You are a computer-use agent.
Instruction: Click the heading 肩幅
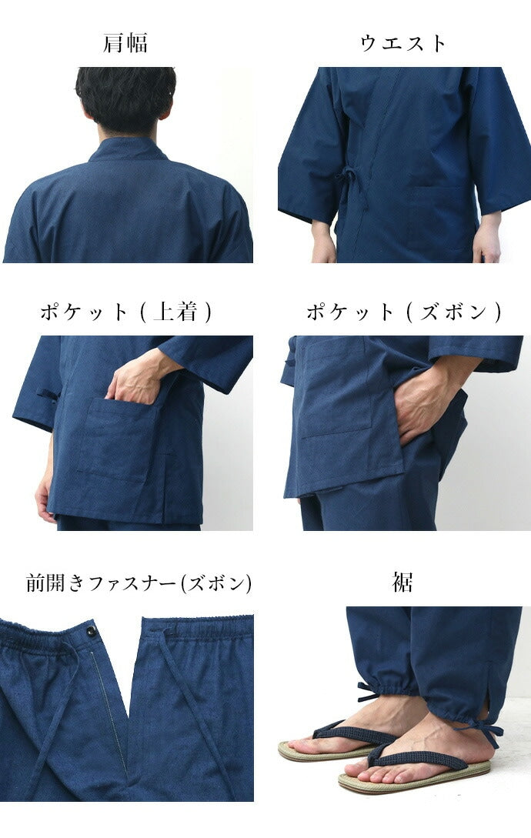(x=125, y=43)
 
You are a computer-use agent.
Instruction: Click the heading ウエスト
(x=403, y=43)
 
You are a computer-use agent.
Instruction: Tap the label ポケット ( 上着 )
(x=125, y=312)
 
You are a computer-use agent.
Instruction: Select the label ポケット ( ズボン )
(x=403, y=312)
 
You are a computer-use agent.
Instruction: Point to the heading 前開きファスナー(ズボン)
(x=139, y=583)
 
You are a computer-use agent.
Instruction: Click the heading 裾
(x=402, y=583)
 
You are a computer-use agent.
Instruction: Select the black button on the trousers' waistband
(x=92, y=632)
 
